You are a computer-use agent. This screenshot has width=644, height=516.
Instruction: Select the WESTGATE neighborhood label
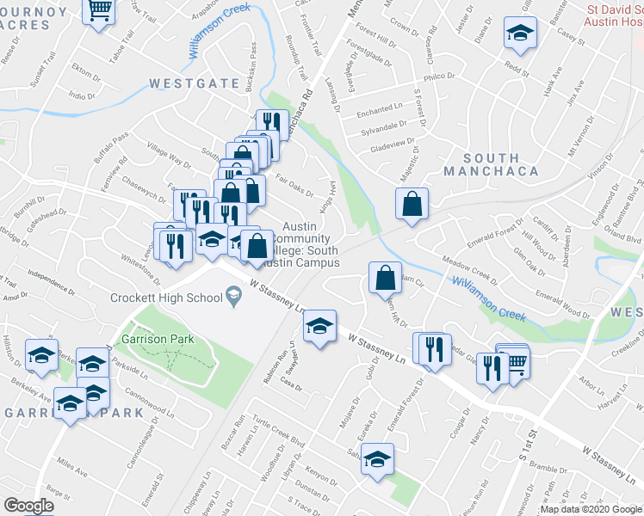[x=194, y=83]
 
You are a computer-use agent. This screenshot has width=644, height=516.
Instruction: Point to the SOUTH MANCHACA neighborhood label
[x=491, y=164]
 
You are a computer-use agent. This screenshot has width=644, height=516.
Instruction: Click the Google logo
[x=29, y=506]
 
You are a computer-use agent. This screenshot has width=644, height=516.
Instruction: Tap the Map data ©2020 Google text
[x=591, y=509]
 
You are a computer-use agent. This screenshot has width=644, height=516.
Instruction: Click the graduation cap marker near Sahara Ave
[x=377, y=460]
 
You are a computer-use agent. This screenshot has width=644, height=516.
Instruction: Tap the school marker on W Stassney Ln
[x=319, y=326]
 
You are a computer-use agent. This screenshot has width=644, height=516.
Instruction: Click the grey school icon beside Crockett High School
[x=232, y=298]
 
